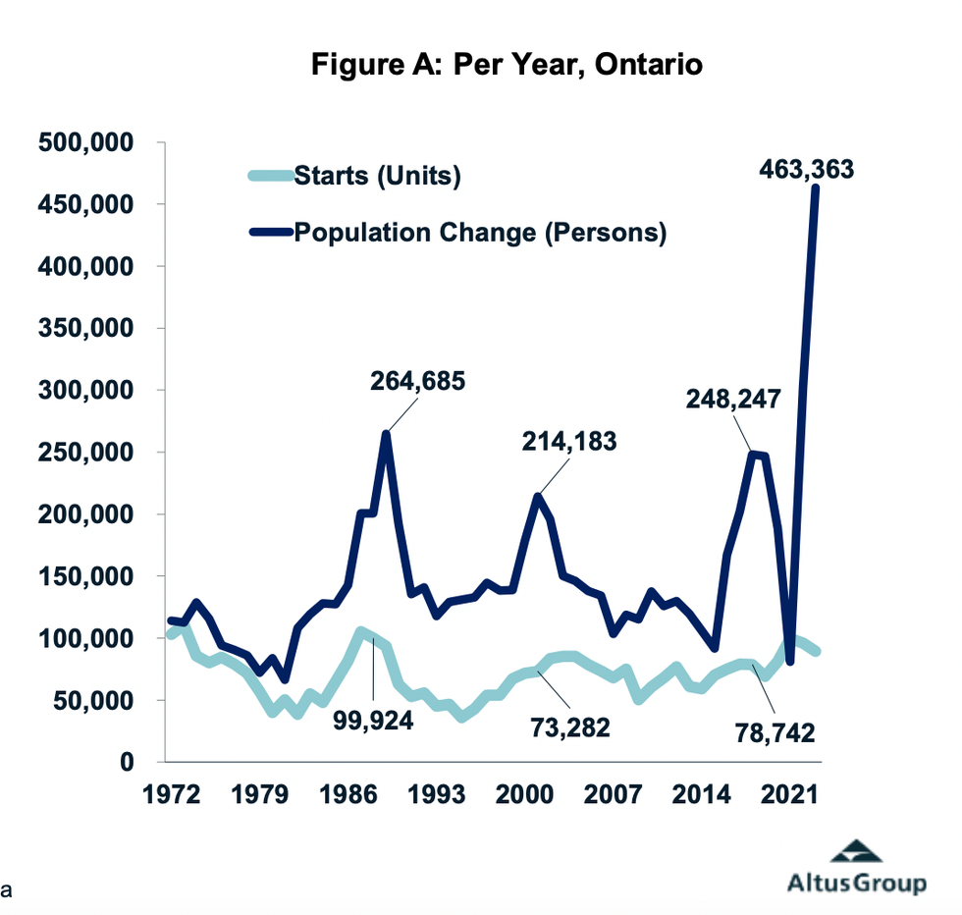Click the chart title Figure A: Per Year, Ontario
(508, 66)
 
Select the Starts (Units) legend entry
(377, 177)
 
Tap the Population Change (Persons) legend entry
(480, 233)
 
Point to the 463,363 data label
(807, 169)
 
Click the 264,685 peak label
(417, 380)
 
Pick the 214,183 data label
(568, 442)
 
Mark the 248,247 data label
(734, 399)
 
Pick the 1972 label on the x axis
(165, 793)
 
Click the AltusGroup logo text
(856, 883)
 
